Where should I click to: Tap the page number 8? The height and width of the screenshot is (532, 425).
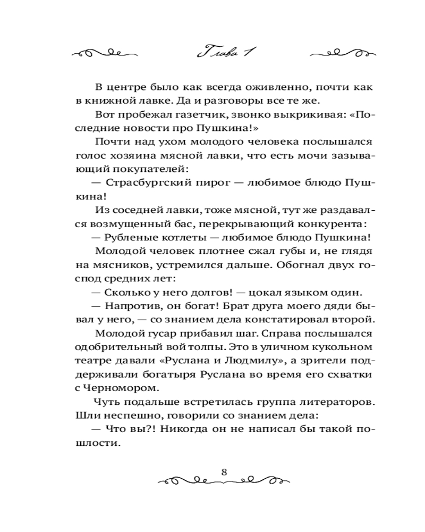pyautogui.click(x=224, y=471)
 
